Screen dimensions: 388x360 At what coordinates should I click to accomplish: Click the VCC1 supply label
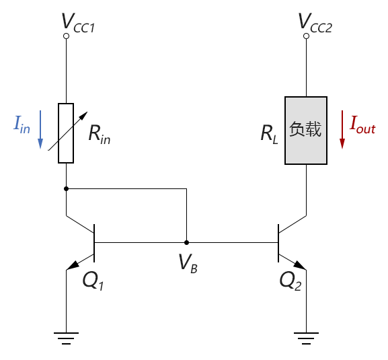point(78,23)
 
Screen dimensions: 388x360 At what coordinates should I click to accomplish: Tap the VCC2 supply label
point(315,23)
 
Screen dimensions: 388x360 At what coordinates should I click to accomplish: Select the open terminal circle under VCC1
point(66,36)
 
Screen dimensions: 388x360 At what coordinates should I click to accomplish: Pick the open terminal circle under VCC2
point(306,36)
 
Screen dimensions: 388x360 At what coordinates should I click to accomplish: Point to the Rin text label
point(100,134)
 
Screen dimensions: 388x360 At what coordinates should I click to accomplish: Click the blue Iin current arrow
point(40,129)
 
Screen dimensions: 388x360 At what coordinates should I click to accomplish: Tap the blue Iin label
point(22,124)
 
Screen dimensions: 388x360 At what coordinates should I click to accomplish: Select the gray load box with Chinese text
point(306,131)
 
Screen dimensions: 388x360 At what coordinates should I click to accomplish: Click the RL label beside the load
point(270,134)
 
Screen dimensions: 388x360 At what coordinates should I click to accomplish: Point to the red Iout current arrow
point(342,129)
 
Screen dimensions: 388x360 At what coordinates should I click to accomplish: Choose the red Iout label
point(362,125)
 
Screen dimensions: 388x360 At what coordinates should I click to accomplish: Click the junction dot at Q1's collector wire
point(66,188)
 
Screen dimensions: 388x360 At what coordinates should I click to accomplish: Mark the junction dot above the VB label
point(186,243)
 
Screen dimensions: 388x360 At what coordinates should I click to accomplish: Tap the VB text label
point(188,263)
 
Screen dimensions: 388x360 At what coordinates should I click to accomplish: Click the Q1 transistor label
point(93,281)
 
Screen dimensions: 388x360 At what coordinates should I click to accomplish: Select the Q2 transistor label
point(290,281)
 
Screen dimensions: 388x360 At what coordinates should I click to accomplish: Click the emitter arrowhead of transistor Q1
point(73,265)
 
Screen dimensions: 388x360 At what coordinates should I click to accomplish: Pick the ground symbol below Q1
point(66,338)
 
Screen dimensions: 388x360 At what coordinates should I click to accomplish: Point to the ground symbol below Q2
point(306,338)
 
